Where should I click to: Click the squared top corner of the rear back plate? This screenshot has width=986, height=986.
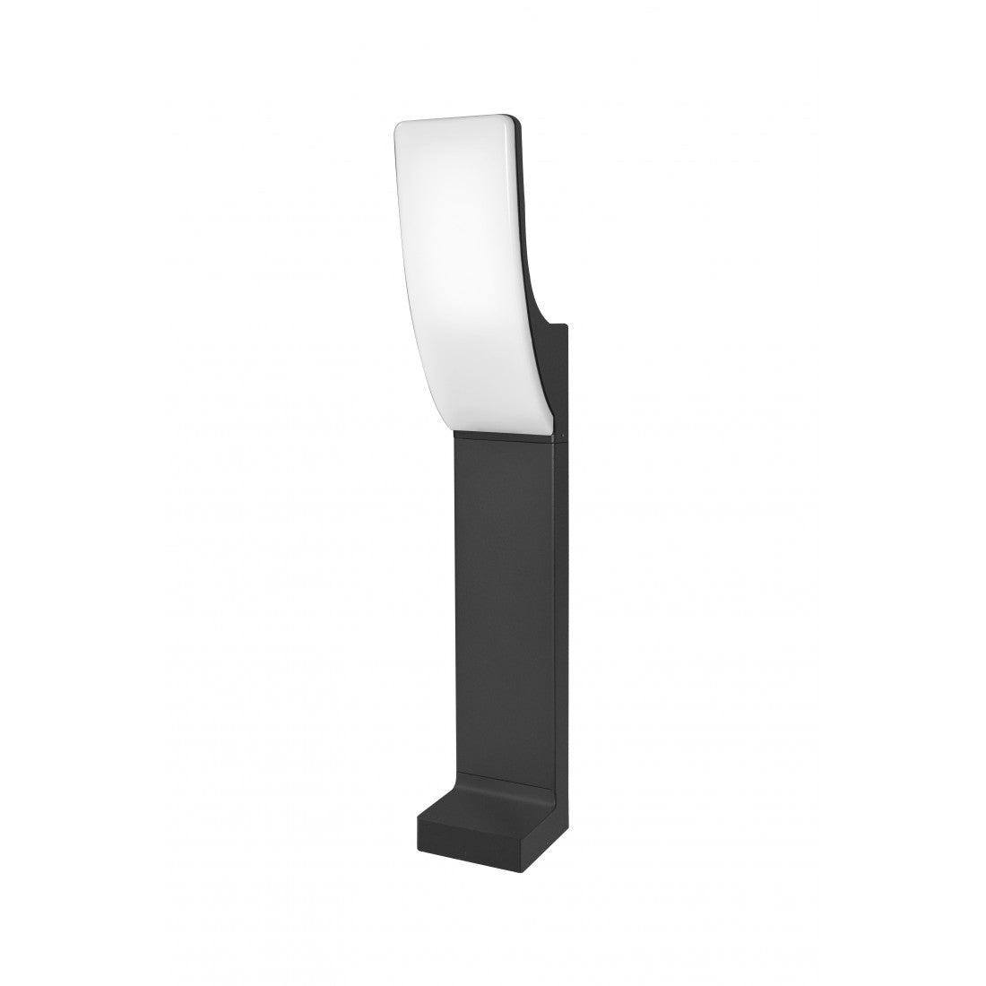566,325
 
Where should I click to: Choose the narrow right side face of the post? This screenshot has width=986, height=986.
559,627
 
